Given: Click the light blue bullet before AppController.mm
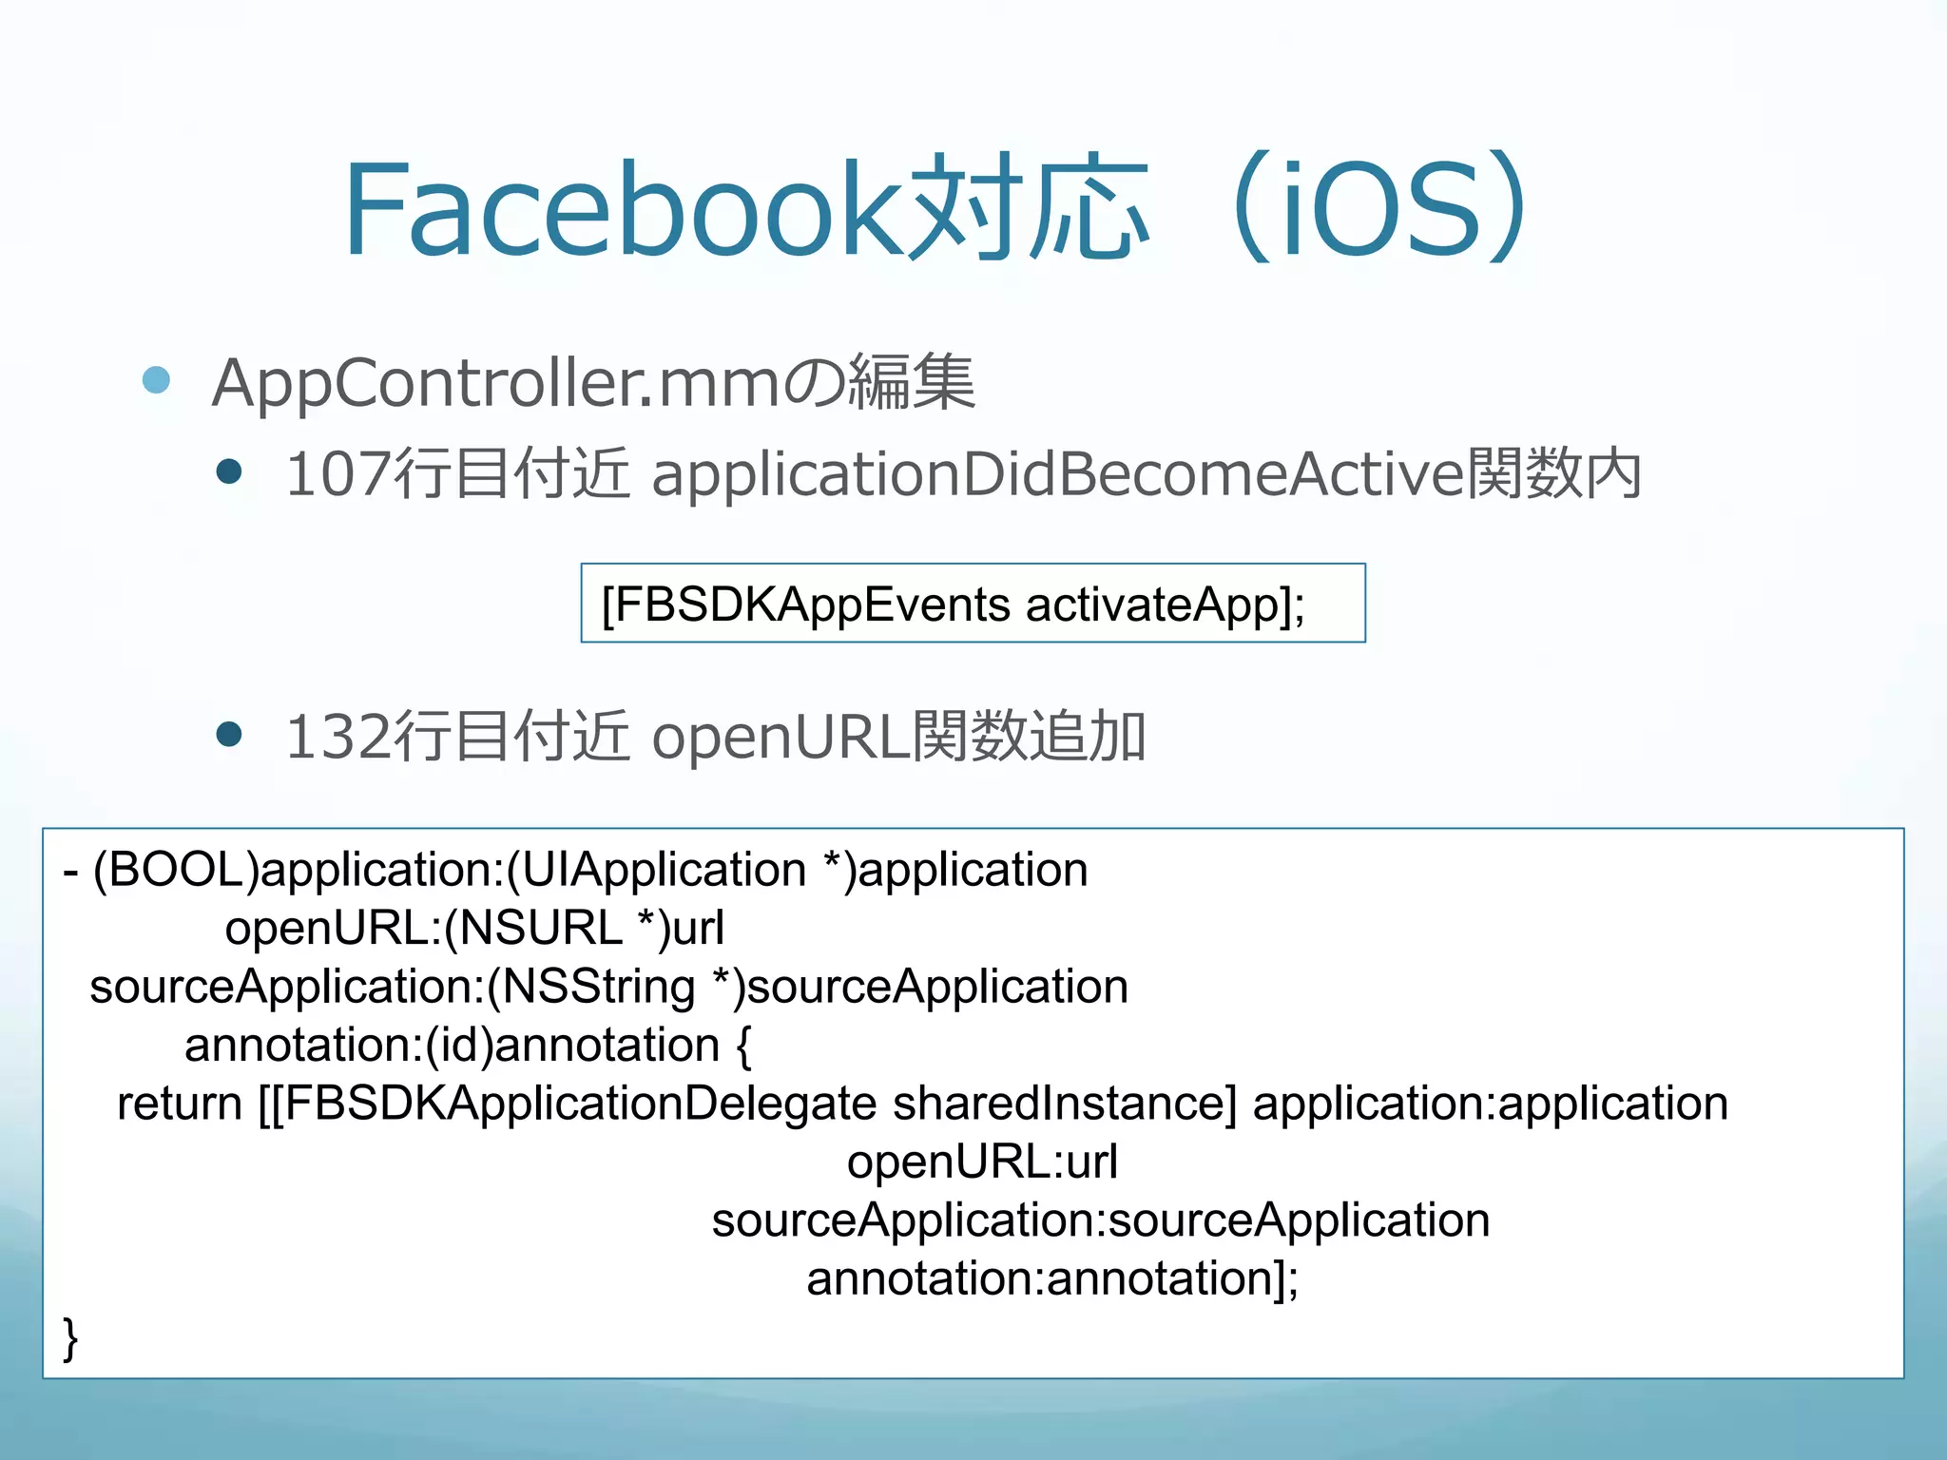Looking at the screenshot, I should click(156, 380).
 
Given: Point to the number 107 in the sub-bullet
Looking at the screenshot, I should click(338, 473).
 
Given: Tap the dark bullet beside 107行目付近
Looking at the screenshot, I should click(229, 471).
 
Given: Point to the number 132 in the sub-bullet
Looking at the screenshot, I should click(338, 737).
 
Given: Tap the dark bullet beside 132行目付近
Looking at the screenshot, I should click(229, 734).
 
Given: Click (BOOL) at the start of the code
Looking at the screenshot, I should click(176, 870).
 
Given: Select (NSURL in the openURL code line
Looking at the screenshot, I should click(532, 928).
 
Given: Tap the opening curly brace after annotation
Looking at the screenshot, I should click(743, 1046).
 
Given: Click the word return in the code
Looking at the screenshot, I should click(180, 1104).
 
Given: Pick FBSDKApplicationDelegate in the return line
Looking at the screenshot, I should click(579, 1104).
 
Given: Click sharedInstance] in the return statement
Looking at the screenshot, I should click(1065, 1104).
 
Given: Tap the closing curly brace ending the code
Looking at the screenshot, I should click(70, 1338).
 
